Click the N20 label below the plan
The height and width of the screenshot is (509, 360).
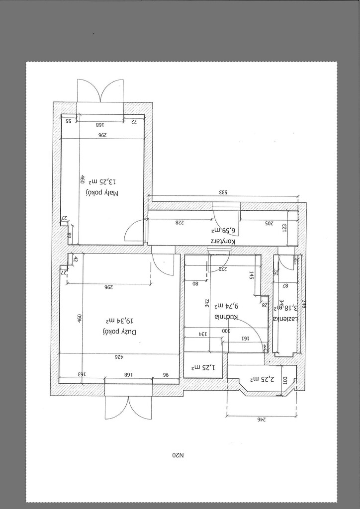tap(178, 454)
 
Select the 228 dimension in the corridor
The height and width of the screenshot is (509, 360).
tap(180, 223)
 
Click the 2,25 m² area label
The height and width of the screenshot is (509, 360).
tap(260, 379)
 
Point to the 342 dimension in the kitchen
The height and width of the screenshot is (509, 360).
tap(206, 303)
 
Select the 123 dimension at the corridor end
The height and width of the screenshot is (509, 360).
tap(285, 227)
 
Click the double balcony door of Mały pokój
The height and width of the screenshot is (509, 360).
tap(100, 91)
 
